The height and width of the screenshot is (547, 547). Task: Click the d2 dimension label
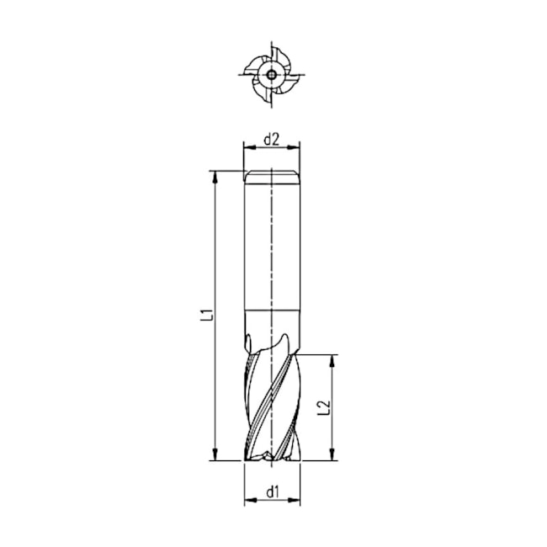tap(271, 139)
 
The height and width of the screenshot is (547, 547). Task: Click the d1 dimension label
tap(271, 491)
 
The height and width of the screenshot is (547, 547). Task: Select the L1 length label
tap(204, 317)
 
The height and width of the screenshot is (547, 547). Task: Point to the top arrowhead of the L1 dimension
tap(216, 176)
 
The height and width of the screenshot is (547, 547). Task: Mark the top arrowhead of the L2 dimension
tap(333, 360)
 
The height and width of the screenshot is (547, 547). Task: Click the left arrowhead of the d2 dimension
tap(247, 148)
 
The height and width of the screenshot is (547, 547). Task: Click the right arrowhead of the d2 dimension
tap(295, 148)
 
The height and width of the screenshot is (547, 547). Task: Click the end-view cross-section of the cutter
tap(271, 74)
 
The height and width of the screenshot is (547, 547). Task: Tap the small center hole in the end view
tap(271, 74)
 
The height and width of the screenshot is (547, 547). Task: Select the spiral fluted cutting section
tap(271, 396)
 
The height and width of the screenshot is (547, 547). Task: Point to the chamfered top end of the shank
tap(271, 175)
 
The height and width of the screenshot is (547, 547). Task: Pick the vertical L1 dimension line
tap(216, 252)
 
